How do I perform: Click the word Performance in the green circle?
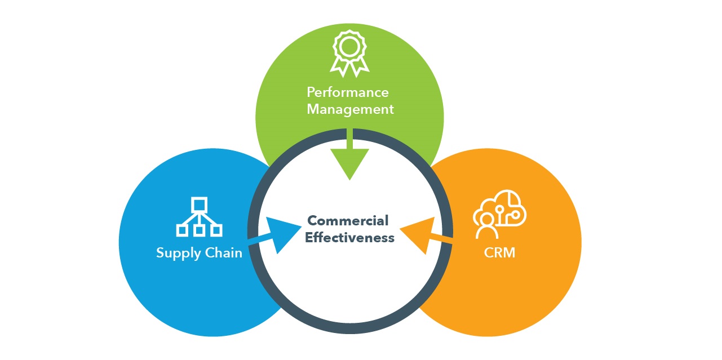click(x=348, y=92)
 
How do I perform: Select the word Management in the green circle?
click(x=350, y=109)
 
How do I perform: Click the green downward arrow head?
click(x=350, y=163)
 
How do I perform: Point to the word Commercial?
click(x=348, y=220)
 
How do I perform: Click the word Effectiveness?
click(x=349, y=238)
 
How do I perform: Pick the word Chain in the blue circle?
click(x=223, y=252)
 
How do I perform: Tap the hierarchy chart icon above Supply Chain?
click(x=199, y=216)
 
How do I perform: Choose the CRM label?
click(x=499, y=252)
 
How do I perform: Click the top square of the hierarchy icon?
click(x=199, y=203)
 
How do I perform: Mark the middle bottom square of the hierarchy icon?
click(x=199, y=230)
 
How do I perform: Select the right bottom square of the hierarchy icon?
click(x=216, y=230)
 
